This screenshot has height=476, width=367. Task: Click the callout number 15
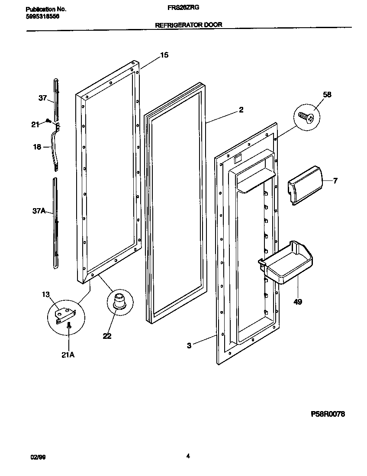click(x=164, y=55)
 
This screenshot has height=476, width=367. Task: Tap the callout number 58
click(x=327, y=95)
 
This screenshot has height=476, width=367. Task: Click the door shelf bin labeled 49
click(x=289, y=264)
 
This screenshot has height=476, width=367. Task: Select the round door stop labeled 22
click(x=118, y=301)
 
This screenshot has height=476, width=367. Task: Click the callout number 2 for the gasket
click(x=241, y=110)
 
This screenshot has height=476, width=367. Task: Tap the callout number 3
click(x=190, y=345)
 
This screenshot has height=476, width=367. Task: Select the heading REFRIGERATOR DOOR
click(x=189, y=25)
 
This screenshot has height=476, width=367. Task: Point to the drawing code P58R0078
click(x=328, y=414)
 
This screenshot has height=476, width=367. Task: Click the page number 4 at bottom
click(x=188, y=456)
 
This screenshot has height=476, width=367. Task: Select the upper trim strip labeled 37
click(x=55, y=97)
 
